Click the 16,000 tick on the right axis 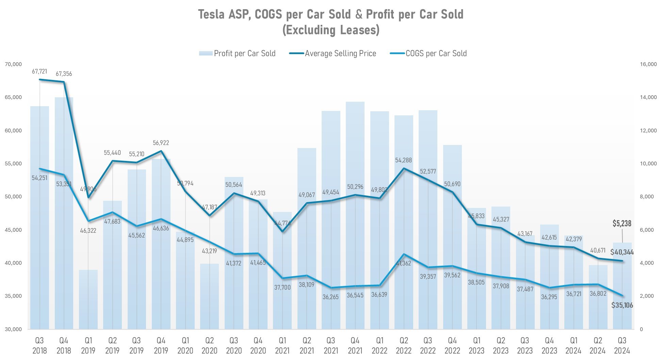tap(648, 64)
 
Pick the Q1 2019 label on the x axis tap(88, 345)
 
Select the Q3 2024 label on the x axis tap(622, 345)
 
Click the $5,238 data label tap(622, 224)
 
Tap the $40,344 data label tap(622, 252)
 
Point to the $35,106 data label tap(622, 305)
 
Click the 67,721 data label tap(39, 71)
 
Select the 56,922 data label tap(161, 143)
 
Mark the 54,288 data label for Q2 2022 tap(403, 160)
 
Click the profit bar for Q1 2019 tap(88, 299)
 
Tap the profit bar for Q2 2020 tap(209, 296)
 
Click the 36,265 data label tap(330, 297)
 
